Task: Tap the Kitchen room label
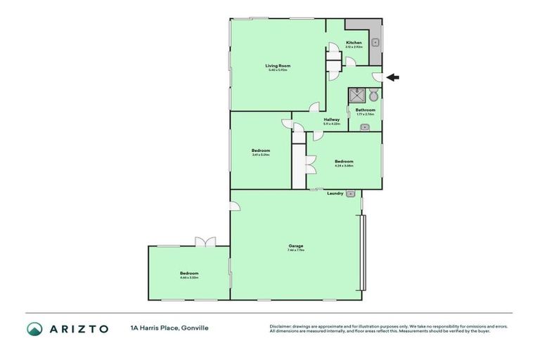pyautogui.click(x=354, y=43)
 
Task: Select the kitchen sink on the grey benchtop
pyautogui.click(x=375, y=43)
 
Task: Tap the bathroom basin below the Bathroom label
pyautogui.click(x=365, y=127)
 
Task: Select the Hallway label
pyautogui.click(x=332, y=120)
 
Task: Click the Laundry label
pyautogui.click(x=335, y=193)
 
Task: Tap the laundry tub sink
pyautogui.click(x=351, y=193)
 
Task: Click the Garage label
pyautogui.click(x=295, y=245)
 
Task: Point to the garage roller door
pyautogui.click(x=364, y=252)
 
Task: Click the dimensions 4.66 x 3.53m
pyautogui.click(x=189, y=278)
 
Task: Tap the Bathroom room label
pyautogui.click(x=365, y=110)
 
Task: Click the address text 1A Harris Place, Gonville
pyautogui.click(x=169, y=328)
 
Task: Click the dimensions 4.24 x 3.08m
pyautogui.click(x=345, y=165)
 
